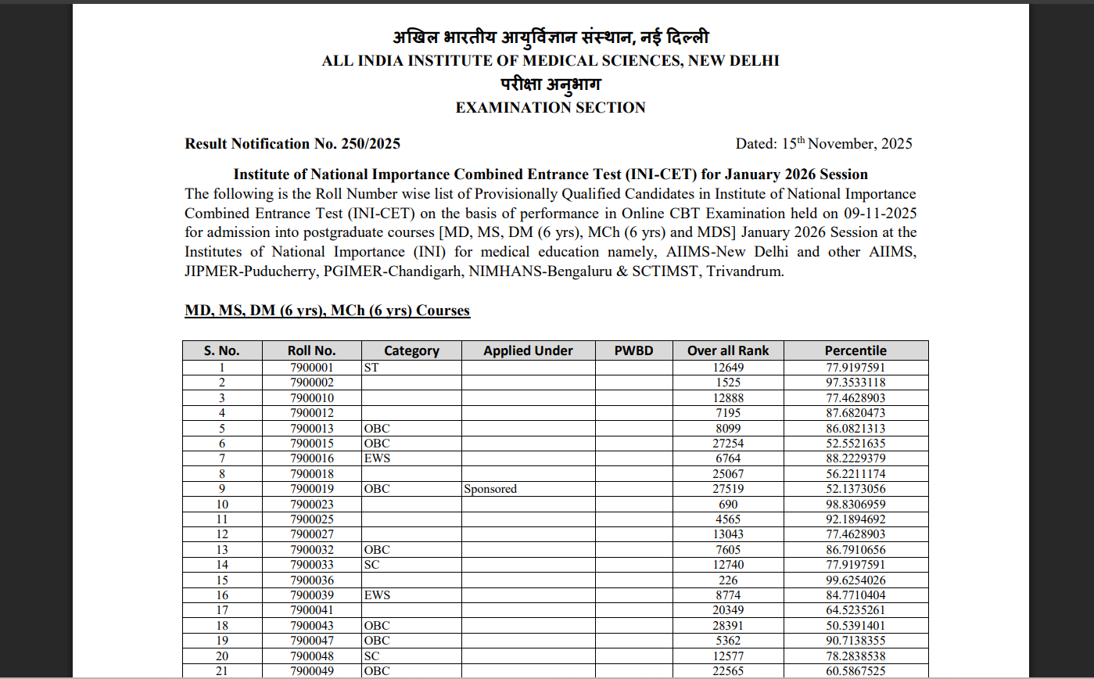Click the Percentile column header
[855, 350]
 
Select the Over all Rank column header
[728, 350]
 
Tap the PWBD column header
[633, 350]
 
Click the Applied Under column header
[528, 350]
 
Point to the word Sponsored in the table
[490, 489]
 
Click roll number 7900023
[311, 505]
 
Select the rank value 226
[728, 580]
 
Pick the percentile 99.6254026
[855, 580]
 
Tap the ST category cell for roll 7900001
[371, 367]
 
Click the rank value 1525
[728, 383]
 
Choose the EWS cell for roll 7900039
[377, 595]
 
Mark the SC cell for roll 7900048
[371, 656]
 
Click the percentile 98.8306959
[855, 505]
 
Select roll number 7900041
[311, 610]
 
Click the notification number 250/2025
[371, 144]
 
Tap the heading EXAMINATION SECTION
[551, 108]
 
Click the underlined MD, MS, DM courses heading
[327, 311]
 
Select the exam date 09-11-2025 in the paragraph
[880, 213]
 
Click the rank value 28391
[728, 626]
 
